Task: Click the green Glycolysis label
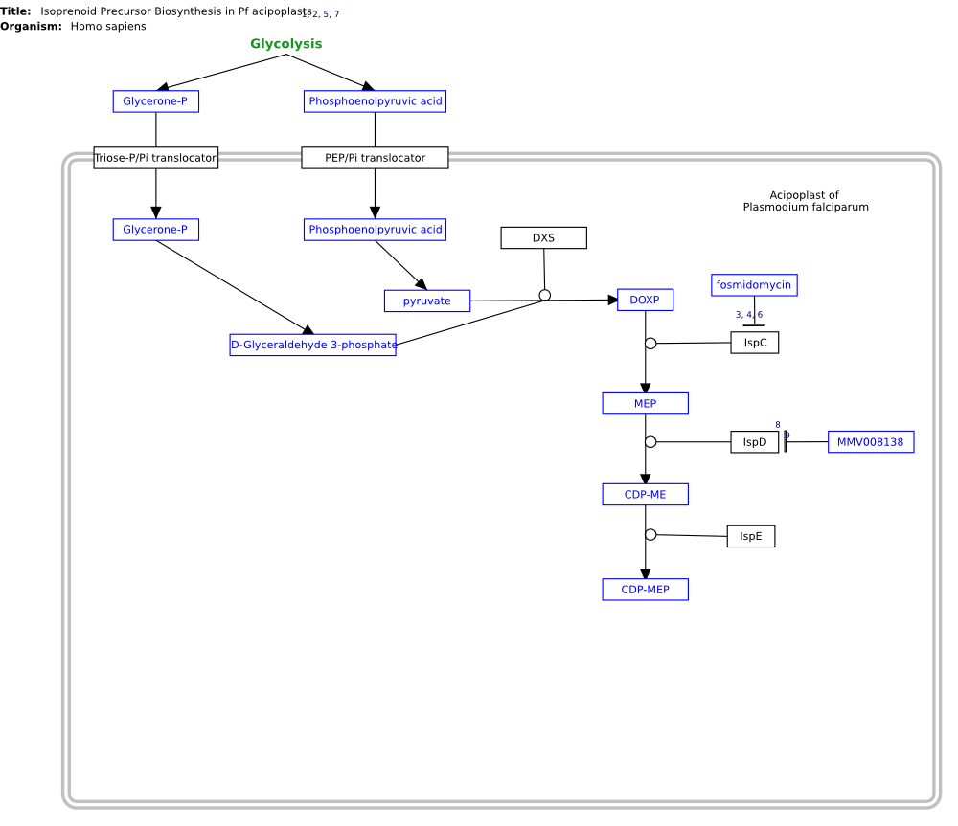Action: click(x=285, y=43)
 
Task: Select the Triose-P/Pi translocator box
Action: click(x=156, y=158)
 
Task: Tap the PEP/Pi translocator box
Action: click(x=375, y=158)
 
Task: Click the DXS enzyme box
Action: click(x=544, y=237)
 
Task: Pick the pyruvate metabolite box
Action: click(x=427, y=301)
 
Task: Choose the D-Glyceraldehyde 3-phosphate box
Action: click(x=313, y=345)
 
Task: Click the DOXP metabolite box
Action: click(x=645, y=300)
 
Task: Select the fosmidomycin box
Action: click(x=754, y=284)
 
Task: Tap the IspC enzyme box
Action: click(x=755, y=343)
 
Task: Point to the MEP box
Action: click(x=645, y=403)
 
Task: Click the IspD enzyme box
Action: click(x=755, y=441)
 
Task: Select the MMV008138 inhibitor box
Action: click(x=871, y=441)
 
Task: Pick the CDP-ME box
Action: click(x=645, y=494)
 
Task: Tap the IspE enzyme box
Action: click(x=751, y=536)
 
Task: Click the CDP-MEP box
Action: click(x=645, y=590)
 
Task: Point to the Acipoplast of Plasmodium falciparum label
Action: click(x=806, y=201)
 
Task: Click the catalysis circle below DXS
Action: click(x=545, y=296)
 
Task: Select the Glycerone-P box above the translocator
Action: click(x=156, y=100)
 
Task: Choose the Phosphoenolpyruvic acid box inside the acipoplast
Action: click(x=375, y=229)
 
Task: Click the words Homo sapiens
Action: click(x=108, y=26)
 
